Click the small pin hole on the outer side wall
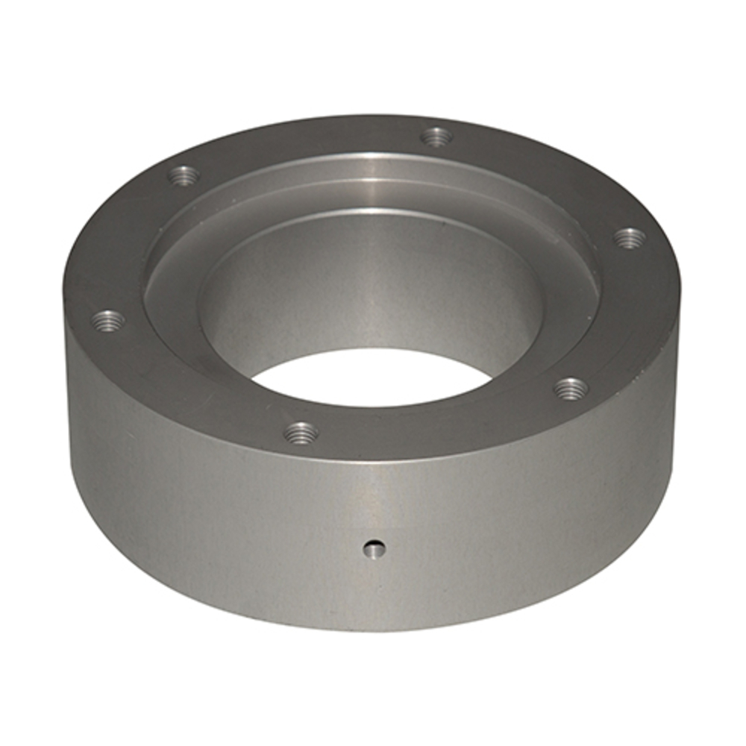pos(371,550)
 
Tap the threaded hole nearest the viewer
pos(301,432)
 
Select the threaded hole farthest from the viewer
pos(436,137)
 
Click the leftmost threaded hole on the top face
pos(108,322)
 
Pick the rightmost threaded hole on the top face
pos(630,238)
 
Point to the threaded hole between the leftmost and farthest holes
pos(183,177)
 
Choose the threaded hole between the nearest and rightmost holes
pos(571,388)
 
